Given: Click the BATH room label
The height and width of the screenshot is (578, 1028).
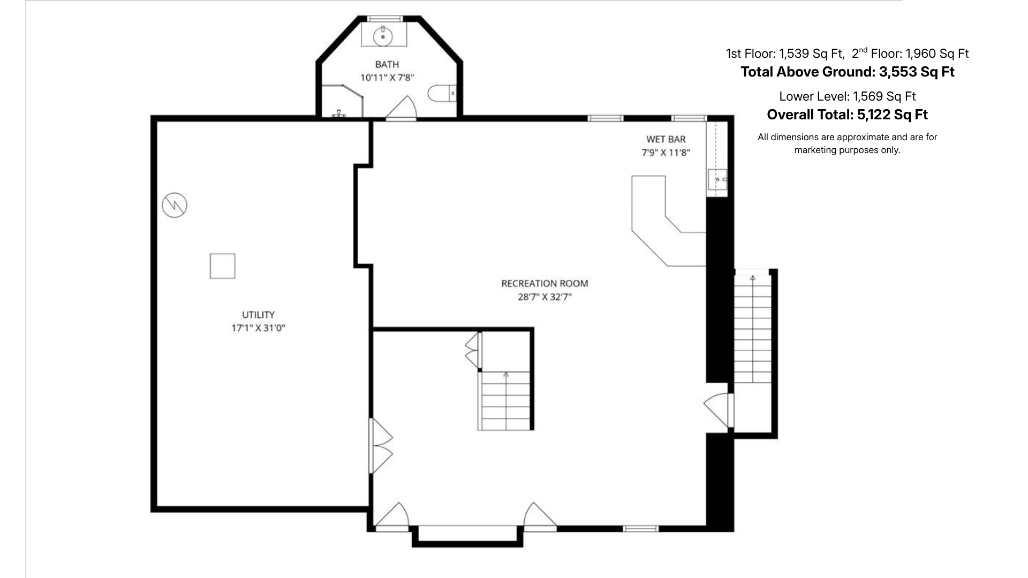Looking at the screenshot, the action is (387, 65).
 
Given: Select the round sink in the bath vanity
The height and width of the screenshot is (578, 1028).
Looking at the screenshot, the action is (383, 36).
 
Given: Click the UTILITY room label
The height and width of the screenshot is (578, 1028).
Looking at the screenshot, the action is (258, 315).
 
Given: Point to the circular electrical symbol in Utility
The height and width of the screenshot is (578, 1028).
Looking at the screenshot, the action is (175, 204).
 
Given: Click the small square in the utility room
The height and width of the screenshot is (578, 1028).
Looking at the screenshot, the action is (222, 266).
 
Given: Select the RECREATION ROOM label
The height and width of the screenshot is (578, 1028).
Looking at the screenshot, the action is (545, 284).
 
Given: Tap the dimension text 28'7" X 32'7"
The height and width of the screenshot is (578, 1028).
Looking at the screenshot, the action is (545, 297).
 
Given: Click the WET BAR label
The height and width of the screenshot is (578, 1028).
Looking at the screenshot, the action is (666, 139).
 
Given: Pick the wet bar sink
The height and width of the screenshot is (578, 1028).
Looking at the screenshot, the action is (717, 179).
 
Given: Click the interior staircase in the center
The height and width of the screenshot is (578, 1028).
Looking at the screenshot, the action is (505, 401).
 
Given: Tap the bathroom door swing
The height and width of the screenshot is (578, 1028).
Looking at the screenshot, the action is (402, 108).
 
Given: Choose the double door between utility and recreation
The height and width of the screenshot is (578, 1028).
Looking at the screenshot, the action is (381, 446).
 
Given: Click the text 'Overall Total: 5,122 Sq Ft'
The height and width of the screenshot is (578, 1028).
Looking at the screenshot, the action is (847, 115).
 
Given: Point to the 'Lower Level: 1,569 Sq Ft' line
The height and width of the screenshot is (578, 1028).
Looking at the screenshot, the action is (847, 96).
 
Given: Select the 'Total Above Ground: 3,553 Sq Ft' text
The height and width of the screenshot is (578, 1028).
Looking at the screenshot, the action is (847, 72).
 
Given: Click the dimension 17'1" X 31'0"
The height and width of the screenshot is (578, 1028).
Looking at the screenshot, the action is (258, 328).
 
